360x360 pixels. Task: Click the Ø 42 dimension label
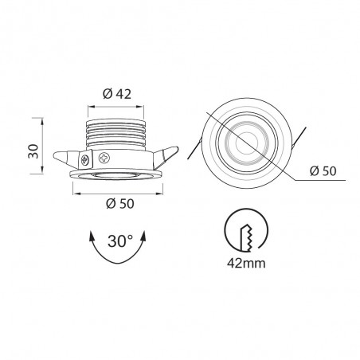pos(118,94)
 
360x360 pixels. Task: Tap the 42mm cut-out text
pos(245,260)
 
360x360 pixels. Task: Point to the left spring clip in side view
pos(68,154)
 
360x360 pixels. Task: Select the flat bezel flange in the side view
pos(119,171)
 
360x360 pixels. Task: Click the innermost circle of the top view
pos(245,141)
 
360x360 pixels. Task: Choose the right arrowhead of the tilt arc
pos(146,237)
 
